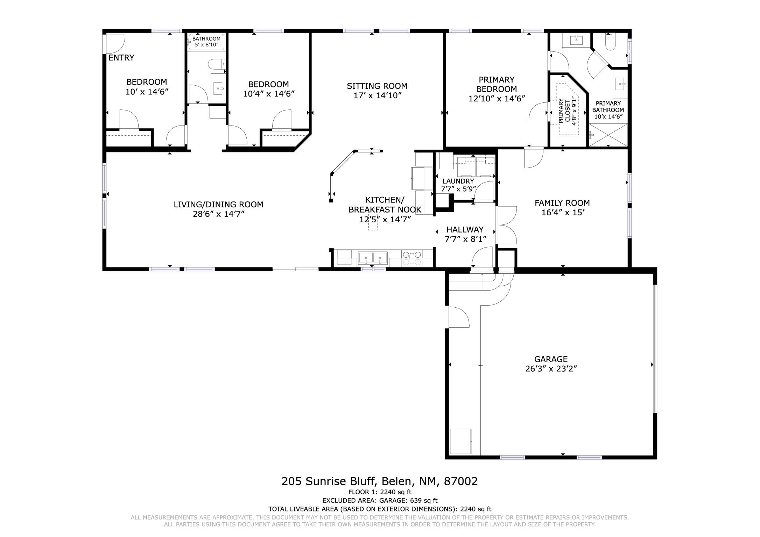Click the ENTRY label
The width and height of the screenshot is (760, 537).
121,58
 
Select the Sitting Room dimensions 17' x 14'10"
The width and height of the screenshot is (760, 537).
377,95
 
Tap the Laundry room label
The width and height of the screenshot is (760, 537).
458,181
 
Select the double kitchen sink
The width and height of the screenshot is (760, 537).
373,259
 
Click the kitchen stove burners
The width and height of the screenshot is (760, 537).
412,258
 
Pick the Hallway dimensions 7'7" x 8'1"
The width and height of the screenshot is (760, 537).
465,239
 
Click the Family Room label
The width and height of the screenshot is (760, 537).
562,203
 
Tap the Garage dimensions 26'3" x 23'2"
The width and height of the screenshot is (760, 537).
551,368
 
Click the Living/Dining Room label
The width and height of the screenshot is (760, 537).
218,205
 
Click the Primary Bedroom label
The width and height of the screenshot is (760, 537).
497,84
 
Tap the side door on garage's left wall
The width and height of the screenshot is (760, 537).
457,317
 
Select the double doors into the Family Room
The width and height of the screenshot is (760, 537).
507,225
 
